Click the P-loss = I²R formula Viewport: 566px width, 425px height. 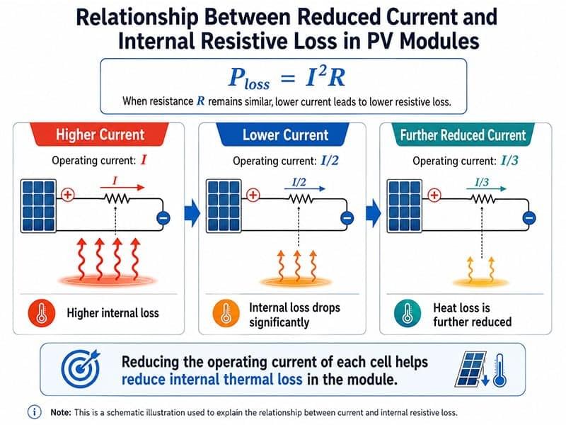(x=287, y=77)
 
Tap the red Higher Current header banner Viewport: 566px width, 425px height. (x=100, y=135)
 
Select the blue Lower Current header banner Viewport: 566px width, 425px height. (x=284, y=135)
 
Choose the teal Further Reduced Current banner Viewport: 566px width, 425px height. (x=463, y=135)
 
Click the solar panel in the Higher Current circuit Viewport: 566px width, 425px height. (x=38, y=205)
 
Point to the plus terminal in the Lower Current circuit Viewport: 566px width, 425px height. (x=253, y=195)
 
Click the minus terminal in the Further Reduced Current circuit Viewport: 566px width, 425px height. (x=529, y=218)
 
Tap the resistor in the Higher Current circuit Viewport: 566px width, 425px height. (x=116, y=198)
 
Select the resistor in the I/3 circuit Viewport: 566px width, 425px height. (x=483, y=199)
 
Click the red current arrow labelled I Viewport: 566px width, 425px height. (x=122, y=187)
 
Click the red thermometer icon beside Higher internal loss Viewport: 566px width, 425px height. (x=42, y=312)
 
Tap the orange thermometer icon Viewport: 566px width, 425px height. (x=226, y=312)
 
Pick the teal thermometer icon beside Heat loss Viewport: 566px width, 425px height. (x=408, y=312)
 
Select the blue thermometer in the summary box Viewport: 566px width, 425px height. (x=500, y=370)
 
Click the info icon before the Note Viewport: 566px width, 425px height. (x=34, y=412)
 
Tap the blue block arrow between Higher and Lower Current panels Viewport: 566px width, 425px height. (x=192, y=213)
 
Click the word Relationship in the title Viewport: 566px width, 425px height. (x=137, y=17)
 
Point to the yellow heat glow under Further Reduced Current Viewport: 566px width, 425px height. (x=480, y=282)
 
